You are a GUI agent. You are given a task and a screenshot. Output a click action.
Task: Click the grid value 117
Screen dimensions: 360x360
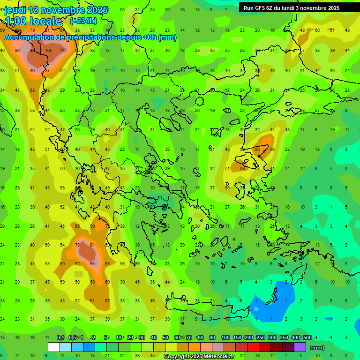coord(63,51)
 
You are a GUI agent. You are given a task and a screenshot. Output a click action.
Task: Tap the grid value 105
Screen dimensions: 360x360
coord(48,51)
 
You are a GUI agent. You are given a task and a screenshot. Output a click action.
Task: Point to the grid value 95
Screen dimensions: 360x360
coord(93,263)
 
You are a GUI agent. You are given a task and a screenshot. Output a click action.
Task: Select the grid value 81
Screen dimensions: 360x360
coord(93,245)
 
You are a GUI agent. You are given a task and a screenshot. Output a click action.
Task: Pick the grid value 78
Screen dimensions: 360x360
coord(77,245)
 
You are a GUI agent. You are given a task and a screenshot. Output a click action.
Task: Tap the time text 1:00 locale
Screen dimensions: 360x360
coord(33,21)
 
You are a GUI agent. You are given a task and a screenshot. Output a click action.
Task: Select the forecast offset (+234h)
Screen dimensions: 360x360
coord(83,21)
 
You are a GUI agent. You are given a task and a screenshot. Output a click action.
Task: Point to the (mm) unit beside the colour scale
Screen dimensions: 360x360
coord(317,348)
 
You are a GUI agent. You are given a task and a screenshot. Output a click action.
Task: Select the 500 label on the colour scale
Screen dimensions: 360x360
coord(307,337)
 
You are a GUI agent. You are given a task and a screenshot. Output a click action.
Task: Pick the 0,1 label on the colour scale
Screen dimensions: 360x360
coord(60,337)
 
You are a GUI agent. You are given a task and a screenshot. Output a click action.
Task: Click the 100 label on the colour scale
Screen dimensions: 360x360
coord(225,337)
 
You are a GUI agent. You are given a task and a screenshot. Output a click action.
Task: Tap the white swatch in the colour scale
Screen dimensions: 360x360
coord(53,347)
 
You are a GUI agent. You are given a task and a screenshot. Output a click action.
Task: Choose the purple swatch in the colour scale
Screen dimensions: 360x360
coord(300,347)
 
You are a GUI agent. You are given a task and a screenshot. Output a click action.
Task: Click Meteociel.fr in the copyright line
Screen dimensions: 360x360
coord(217,357)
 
